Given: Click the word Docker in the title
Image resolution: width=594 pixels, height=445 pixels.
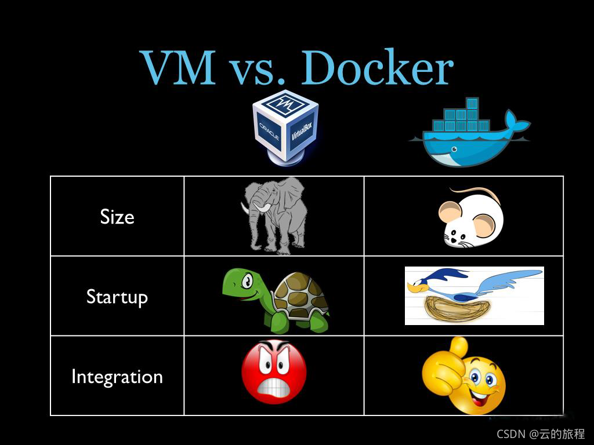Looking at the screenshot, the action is click(x=377, y=68).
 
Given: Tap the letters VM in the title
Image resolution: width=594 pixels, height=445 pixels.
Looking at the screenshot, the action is click(x=178, y=68).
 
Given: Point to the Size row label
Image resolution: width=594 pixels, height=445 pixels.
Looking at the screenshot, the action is click(x=117, y=217).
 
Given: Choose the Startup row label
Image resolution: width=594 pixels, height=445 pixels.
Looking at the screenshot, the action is click(x=117, y=297).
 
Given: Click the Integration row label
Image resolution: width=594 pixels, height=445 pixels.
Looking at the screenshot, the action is click(x=117, y=377).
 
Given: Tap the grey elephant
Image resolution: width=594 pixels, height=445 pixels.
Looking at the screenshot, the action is click(x=275, y=214).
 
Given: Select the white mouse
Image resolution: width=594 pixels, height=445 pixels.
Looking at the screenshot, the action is click(x=470, y=219).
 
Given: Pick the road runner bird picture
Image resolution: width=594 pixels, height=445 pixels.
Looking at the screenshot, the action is click(x=474, y=296).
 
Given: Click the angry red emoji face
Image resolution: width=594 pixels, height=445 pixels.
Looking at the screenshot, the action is click(x=274, y=371).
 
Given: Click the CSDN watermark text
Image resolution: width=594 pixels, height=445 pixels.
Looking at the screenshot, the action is click(x=533, y=433).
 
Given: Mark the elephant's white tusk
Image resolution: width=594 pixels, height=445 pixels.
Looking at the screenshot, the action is click(x=262, y=207).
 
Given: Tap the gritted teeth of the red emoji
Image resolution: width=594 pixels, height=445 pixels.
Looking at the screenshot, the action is click(x=274, y=387).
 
